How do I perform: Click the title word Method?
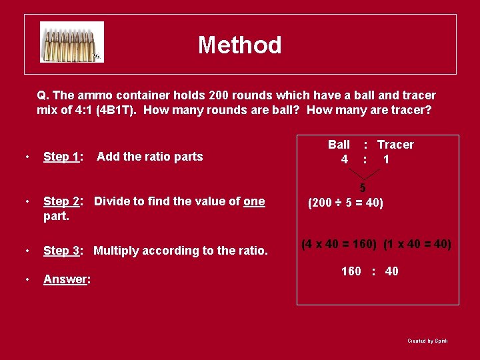[239, 45]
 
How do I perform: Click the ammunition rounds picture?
[71, 42]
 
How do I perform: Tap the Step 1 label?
[63, 157]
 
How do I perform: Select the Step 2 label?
[63, 201]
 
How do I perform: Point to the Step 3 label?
[63, 251]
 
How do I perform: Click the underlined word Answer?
[66, 279]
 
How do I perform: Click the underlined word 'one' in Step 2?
[254, 201]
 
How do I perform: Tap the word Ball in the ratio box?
[339, 145]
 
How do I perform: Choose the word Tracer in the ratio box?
[395, 145]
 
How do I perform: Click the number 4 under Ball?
[344, 159]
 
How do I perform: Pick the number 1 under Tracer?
[386, 159]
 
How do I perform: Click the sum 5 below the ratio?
[363, 189]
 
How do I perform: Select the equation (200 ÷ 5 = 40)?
[345, 202]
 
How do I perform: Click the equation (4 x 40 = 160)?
[339, 245]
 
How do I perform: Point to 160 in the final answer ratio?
[351, 271]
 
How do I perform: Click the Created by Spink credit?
[427, 341]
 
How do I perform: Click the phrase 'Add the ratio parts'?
[149, 157]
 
